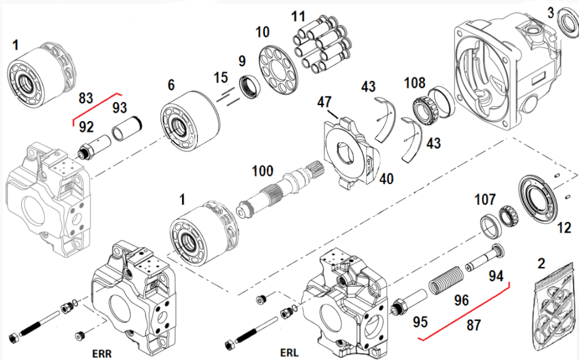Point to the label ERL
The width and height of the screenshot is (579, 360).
[289, 351]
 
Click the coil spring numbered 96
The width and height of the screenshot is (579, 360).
[446, 281]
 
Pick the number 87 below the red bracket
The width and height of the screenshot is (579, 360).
[474, 325]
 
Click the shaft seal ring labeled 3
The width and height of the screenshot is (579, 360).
[568, 24]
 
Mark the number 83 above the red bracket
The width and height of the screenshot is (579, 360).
[86, 98]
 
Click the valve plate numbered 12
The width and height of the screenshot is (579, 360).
[539, 198]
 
